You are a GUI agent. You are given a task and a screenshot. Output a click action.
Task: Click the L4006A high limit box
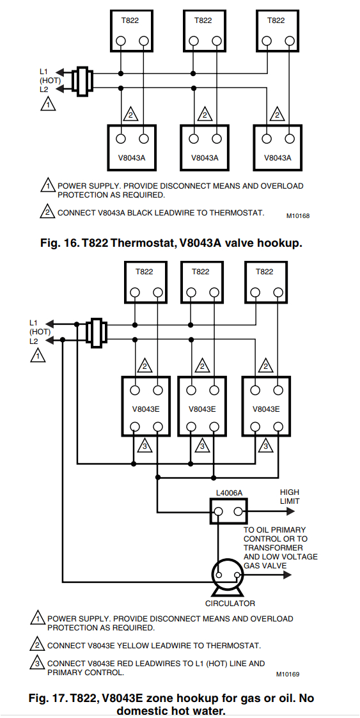229,511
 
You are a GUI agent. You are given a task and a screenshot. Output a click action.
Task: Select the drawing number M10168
297,216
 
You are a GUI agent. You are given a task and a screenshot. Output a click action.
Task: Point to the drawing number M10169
288,674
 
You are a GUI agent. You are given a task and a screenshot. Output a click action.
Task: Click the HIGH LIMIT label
289,497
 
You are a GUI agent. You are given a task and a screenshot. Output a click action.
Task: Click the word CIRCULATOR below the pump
230,603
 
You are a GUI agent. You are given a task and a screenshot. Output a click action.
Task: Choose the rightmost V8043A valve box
277,147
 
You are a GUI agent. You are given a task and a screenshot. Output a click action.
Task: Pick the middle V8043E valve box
201,409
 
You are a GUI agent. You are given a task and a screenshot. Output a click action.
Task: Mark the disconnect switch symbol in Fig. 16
82,81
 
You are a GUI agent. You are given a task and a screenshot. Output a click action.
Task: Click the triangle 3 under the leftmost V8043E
145,446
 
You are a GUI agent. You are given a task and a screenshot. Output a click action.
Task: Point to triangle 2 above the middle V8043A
204,115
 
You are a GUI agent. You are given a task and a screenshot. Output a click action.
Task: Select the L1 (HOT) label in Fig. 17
39,327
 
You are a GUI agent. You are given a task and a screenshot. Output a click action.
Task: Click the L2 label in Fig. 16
43,90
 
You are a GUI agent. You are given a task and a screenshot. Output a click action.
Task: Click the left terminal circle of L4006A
219,512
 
